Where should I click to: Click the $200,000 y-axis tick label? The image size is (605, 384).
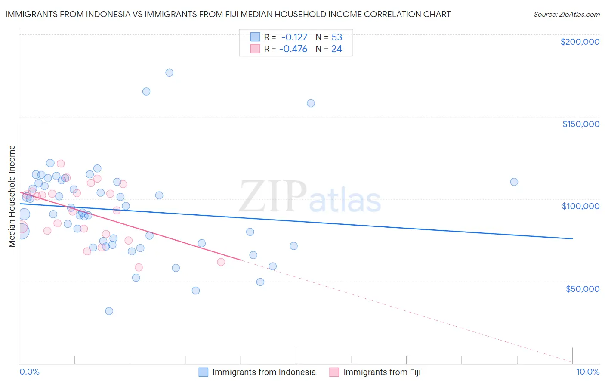pos(580,42)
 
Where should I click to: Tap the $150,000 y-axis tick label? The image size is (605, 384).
pos(580,124)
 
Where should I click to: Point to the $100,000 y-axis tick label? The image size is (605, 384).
pos(580,206)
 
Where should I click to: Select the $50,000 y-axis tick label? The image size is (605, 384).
pos(582,289)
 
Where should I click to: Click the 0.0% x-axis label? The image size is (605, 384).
pos(29,372)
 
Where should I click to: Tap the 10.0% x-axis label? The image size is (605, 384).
pos(587,372)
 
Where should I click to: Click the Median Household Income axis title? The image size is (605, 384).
pos(12,196)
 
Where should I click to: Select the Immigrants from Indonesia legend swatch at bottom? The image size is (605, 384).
pos(203,372)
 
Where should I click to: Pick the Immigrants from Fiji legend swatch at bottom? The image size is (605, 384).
pos(334,372)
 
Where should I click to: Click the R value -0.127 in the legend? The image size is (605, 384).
pos(294,37)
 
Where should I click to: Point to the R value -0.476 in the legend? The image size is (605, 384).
pos(293,49)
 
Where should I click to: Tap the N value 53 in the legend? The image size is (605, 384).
pos(336,37)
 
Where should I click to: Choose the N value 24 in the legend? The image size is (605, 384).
pos(336,49)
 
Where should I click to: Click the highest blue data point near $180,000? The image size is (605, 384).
pos(170,73)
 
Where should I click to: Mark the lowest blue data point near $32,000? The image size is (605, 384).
pos(109,311)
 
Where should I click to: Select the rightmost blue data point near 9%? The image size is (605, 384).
pos(514,182)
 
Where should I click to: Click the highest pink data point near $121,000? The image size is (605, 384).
pos(61,164)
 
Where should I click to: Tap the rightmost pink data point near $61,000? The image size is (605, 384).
pos(221,262)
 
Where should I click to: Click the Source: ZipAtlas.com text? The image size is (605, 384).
pos(566,15)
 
